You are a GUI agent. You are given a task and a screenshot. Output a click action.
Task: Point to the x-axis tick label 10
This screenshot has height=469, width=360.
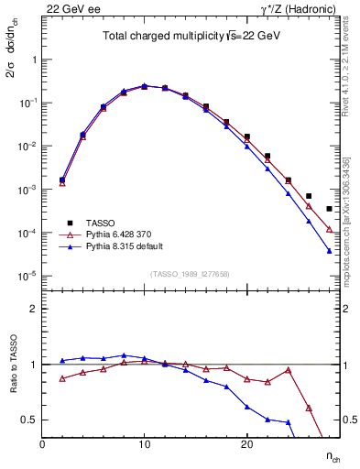(144, 444)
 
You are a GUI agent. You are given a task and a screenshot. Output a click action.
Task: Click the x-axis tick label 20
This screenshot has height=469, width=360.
(246, 444)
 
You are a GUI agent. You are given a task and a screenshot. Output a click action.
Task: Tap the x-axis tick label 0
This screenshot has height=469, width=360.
(42, 444)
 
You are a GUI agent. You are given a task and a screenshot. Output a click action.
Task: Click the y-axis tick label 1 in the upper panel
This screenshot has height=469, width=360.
(34, 60)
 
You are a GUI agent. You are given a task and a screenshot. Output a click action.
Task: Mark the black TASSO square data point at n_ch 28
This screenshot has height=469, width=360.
(329, 209)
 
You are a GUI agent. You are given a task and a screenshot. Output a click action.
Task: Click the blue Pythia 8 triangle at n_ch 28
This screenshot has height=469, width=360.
(329, 251)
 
